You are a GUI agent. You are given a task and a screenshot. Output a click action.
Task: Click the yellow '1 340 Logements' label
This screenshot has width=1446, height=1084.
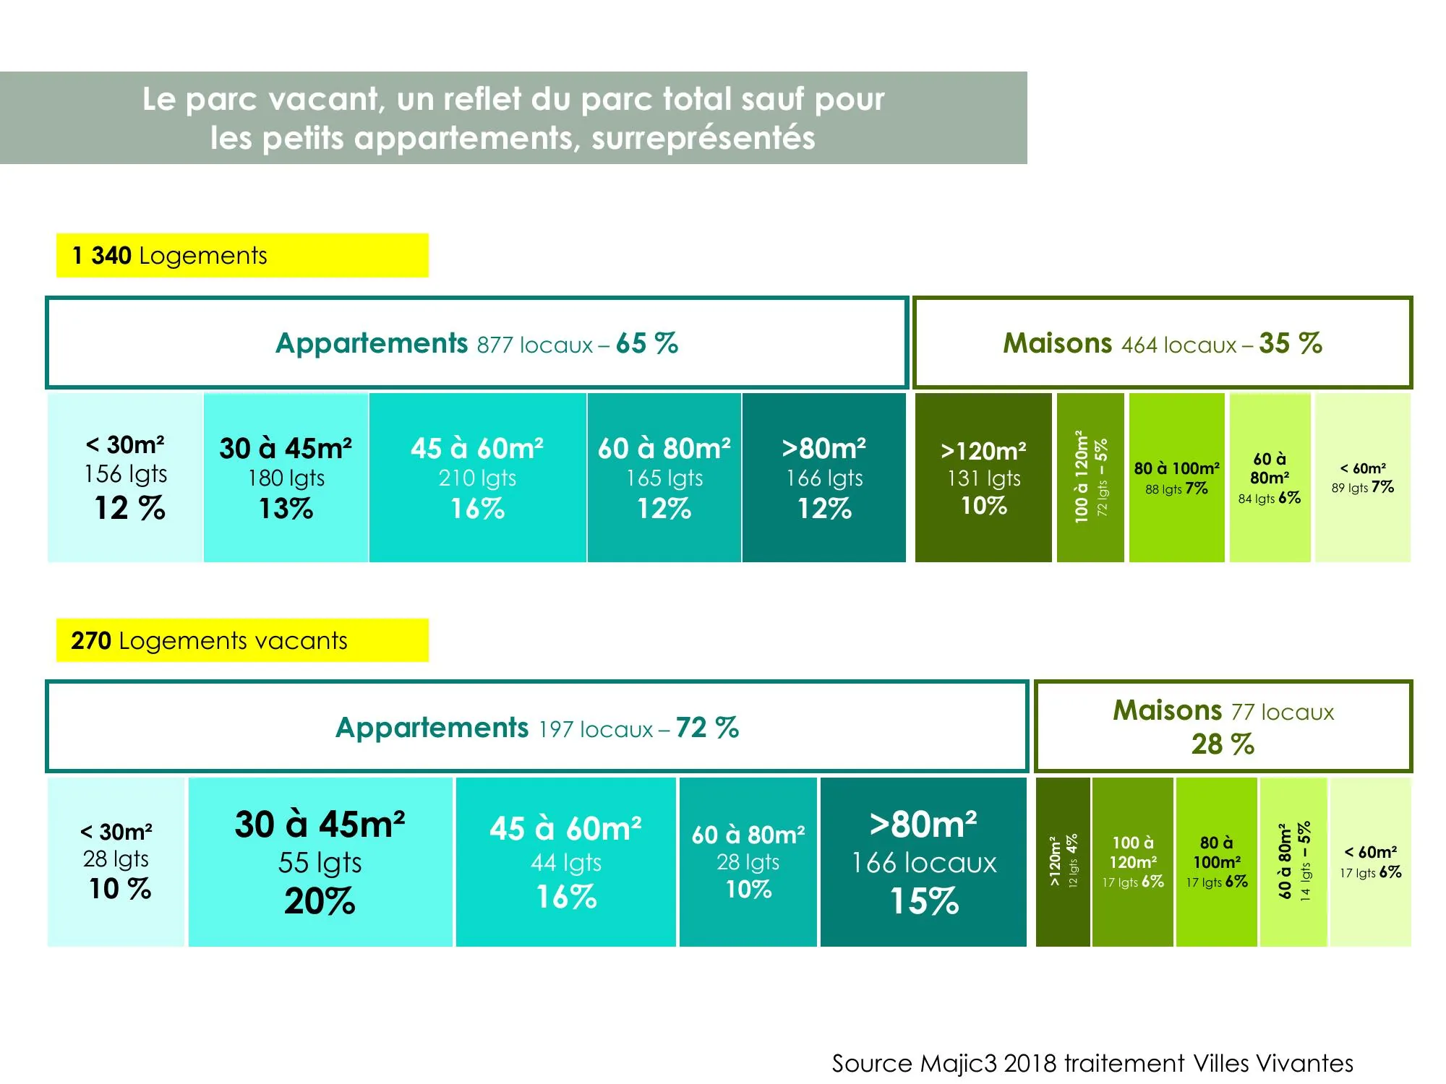(242, 255)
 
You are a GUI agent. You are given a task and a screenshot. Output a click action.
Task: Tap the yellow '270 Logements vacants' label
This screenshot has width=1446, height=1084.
(242, 640)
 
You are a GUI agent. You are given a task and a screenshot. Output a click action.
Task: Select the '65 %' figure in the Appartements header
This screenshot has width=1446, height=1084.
(647, 343)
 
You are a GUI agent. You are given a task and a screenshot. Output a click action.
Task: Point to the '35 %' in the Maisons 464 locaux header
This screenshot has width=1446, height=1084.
(1291, 343)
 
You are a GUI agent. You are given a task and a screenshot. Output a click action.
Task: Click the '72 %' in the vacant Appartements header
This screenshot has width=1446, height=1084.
(708, 728)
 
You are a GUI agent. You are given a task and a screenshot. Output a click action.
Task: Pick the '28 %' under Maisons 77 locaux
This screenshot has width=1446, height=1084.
(1223, 744)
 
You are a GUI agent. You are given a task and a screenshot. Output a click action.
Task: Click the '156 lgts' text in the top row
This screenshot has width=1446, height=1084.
(126, 474)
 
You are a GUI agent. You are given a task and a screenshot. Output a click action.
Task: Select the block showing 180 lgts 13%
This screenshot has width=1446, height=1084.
(286, 478)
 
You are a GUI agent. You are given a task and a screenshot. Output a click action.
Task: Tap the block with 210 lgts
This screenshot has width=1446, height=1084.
(477, 478)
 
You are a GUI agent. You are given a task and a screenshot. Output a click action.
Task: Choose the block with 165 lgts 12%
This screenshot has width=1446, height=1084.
(664, 478)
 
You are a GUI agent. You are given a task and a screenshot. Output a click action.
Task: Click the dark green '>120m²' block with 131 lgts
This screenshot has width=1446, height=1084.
(983, 478)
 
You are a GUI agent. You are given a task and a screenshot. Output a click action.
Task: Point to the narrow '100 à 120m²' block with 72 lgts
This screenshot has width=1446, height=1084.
(1090, 478)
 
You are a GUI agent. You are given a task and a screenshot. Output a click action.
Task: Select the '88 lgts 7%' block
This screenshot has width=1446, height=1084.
(1176, 478)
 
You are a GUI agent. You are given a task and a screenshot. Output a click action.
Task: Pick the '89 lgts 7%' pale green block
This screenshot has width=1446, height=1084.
(1363, 478)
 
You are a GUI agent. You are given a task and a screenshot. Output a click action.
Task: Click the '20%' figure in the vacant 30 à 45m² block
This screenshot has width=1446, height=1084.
(320, 901)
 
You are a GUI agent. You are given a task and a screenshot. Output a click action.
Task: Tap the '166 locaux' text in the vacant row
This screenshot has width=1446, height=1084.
(924, 863)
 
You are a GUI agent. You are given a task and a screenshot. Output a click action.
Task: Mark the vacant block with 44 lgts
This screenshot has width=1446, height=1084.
(566, 862)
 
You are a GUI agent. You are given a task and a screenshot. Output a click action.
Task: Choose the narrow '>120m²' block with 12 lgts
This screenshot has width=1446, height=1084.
(1063, 862)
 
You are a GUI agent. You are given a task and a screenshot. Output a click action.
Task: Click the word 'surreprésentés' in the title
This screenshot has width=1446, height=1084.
(703, 138)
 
